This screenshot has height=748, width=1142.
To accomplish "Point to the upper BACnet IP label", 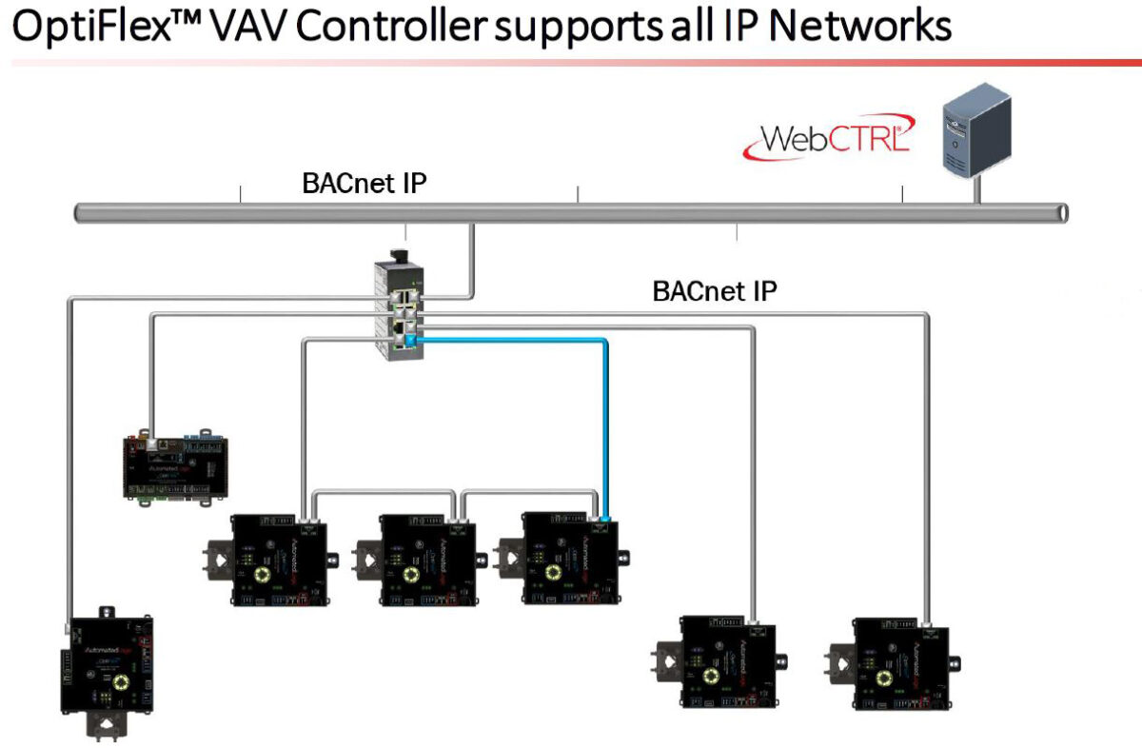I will point(364,182).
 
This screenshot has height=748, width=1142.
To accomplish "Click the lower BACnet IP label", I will point(715,290).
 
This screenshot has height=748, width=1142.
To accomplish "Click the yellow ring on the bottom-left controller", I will point(121,682).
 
